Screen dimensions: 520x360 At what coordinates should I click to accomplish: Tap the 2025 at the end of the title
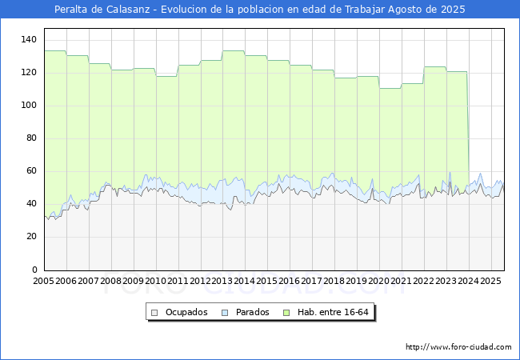point(453,10)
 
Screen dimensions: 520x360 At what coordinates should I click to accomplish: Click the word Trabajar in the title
point(365,10)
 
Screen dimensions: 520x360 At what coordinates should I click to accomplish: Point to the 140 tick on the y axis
point(29,40)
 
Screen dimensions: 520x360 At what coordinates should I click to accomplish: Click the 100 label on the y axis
point(29,106)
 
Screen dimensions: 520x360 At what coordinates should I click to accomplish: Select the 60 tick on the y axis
point(31,171)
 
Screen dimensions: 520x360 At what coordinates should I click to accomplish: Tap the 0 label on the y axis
point(34,270)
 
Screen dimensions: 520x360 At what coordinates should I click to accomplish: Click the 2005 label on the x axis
point(44,281)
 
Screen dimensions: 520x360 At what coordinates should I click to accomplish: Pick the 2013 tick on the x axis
point(222,281)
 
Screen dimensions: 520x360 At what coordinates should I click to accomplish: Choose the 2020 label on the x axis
point(379,281)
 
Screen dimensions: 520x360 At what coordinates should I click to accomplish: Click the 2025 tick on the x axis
point(491,281)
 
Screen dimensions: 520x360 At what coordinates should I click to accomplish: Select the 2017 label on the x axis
point(312,281)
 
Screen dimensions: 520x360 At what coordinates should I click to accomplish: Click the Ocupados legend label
point(186,312)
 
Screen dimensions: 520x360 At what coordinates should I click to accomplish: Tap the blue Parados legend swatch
point(225,313)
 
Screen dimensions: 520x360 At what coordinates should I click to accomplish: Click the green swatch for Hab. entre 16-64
point(286,313)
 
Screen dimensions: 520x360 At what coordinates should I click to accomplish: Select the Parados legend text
point(252,312)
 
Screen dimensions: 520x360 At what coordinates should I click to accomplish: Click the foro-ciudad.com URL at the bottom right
point(458,347)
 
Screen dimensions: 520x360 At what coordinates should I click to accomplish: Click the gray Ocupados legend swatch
point(154,313)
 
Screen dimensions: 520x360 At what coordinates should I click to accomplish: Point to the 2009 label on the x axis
point(134,281)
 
